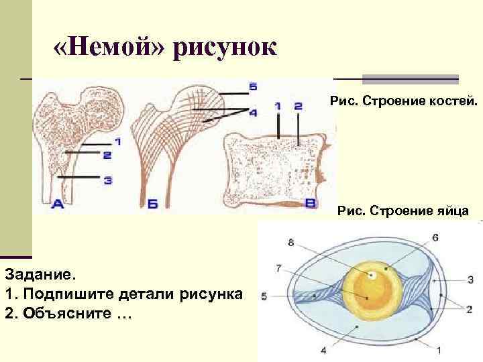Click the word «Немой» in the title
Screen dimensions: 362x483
coord(111,48)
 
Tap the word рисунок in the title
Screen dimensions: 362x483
coord(225,48)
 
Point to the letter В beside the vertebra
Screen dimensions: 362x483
coord(311,202)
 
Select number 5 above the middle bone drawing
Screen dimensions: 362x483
coord(252,86)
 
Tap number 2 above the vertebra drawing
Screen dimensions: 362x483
coord(298,106)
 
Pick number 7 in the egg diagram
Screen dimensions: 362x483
coord(278,269)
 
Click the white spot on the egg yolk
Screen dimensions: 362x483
coord(370,275)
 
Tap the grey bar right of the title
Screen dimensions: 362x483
coord(409,79)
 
